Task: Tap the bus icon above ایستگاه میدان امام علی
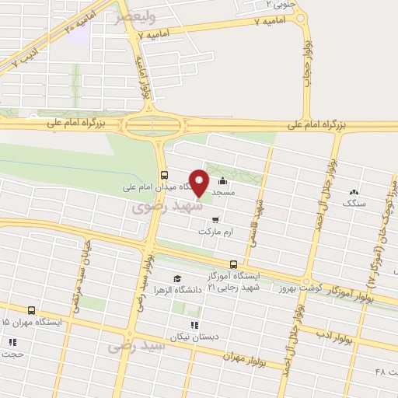[162, 175]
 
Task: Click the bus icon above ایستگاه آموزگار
[234, 264]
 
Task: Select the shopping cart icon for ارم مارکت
[215, 220]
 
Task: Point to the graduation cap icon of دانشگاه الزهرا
[177, 278]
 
